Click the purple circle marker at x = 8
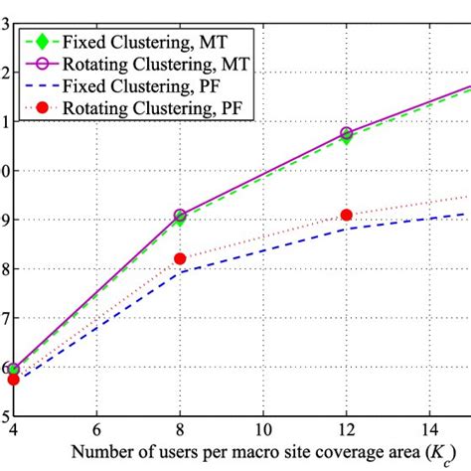click(x=180, y=215)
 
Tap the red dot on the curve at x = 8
click(x=180, y=258)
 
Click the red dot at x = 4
click(x=14, y=379)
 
